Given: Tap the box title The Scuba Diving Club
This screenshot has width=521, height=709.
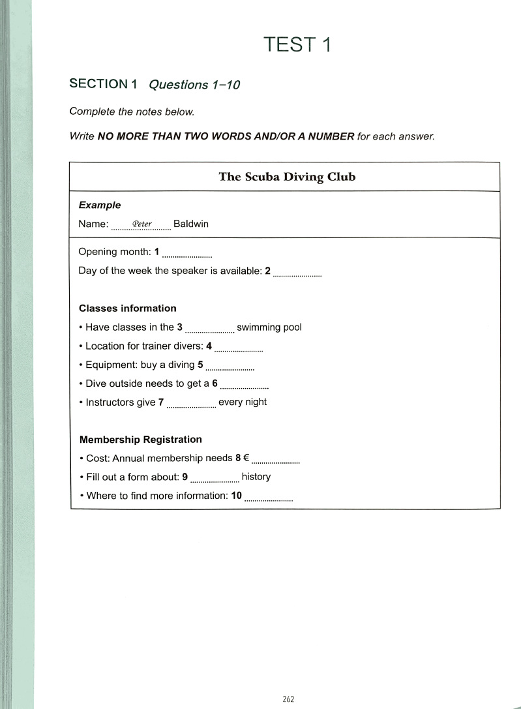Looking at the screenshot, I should click(x=287, y=177).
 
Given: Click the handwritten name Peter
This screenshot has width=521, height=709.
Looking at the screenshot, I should click(x=141, y=224).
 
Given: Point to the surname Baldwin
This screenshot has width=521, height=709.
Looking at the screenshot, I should click(x=191, y=224).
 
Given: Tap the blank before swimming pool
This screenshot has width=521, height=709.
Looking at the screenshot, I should click(x=209, y=331).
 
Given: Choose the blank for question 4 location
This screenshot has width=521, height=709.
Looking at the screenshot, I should click(x=238, y=350).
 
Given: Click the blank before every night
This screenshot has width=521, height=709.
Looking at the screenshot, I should click(x=191, y=406).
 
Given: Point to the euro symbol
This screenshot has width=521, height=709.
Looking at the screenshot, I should click(x=246, y=458).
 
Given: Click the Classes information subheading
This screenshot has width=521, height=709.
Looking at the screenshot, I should click(x=128, y=309).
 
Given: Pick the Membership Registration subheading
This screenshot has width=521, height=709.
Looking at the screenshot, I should click(x=140, y=440).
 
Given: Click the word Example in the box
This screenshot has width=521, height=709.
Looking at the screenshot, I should click(x=100, y=205).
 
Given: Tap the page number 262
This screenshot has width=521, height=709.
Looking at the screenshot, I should click(x=289, y=699).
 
